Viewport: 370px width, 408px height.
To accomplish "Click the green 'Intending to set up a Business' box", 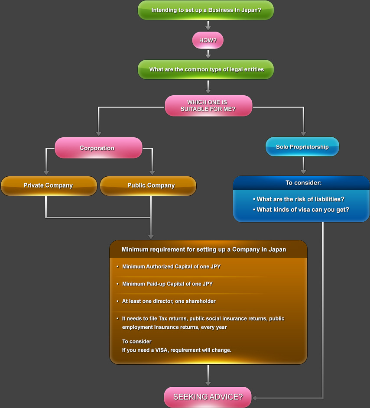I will coord(206,10).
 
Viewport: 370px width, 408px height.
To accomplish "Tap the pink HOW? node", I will coord(208,40).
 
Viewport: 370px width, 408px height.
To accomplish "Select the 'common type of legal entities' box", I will coord(206,69).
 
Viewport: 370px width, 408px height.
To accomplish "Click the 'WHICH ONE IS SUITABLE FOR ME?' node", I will coord(208,106).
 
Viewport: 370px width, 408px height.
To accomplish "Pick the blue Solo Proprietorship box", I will coord(302,147).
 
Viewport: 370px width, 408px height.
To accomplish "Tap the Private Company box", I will coord(49,185).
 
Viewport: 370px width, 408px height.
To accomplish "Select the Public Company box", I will coord(148,185).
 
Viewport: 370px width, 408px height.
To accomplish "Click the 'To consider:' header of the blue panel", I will coord(303,183).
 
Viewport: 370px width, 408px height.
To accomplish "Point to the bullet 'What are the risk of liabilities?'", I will coord(300,199).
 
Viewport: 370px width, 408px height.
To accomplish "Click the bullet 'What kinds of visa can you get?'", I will coord(303,210).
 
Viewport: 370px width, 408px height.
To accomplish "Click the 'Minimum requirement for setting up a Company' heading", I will coord(204,249).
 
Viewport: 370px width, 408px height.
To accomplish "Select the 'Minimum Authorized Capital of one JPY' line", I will coord(171,266).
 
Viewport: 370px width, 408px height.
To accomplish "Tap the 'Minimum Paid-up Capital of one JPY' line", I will coord(167,284).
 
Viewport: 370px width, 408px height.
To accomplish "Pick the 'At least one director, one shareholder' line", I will coord(169,301).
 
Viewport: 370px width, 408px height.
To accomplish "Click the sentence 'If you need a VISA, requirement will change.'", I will coord(176,350).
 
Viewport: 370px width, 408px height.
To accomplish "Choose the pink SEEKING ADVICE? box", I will coord(208,397).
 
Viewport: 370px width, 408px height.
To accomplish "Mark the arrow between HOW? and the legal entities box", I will coord(208,54).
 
